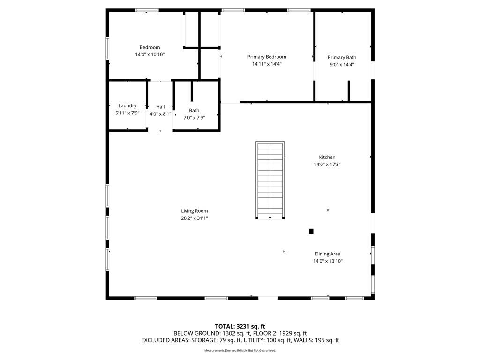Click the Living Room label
pos(195,211)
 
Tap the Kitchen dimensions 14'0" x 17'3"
pos(327,165)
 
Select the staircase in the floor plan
pos(270,180)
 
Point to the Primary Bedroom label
pos(267,57)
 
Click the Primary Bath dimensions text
pos(342,65)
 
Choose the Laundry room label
pos(127,106)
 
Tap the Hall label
pos(160,107)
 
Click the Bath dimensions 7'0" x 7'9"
pos(194,118)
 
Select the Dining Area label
pos(328,254)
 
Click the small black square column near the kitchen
pos(311,232)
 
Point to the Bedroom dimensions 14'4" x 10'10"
pos(150,55)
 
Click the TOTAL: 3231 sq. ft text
pos(240,326)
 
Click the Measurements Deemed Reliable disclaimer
pos(240,351)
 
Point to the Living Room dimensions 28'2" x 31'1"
pos(195,218)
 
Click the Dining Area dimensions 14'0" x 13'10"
pos(328,261)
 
